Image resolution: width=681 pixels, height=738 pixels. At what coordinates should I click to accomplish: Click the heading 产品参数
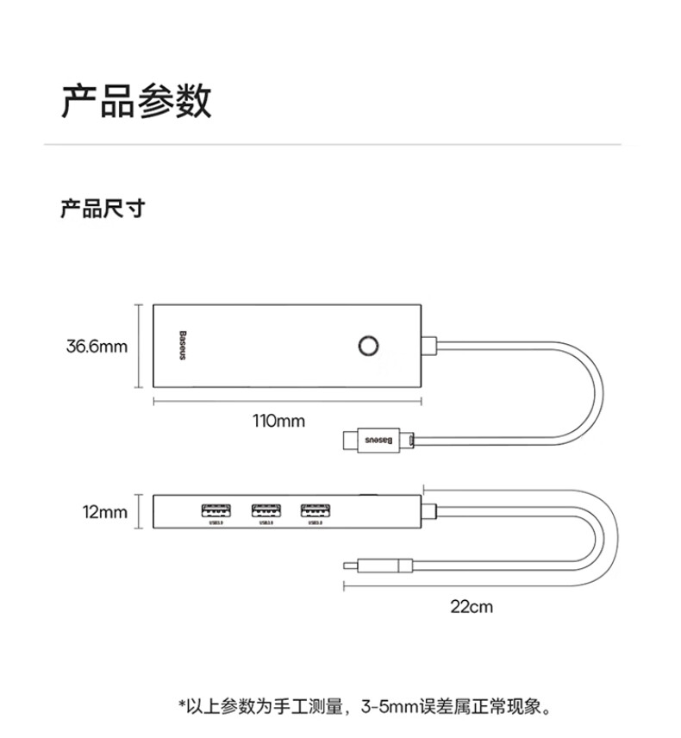click(x=136, y=102)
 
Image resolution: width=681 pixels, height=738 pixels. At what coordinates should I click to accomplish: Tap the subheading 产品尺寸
click(x=102, y=209)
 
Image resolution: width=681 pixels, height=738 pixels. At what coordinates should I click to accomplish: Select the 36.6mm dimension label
click(x=97, y=347)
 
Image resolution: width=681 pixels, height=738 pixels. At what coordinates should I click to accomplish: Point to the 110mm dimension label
click(x=278, y=422)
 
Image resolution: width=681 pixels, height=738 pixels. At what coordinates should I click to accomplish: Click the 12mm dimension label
click(x=105, y=512)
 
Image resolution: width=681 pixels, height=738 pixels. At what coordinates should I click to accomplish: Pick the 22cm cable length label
click(x=472, y=606)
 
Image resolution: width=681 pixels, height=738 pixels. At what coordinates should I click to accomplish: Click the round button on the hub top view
click(x=368, y=346)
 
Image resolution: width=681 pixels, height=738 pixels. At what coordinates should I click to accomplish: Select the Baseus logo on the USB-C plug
click(x=380, y=440)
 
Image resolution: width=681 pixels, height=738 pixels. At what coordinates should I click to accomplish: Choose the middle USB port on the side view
click(x=265, y=510)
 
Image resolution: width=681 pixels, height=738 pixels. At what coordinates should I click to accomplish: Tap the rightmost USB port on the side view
click(x=314, y=510)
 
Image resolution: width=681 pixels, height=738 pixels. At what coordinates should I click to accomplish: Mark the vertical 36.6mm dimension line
click(x=141, y=346)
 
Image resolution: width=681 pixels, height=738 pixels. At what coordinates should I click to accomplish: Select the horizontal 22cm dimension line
click(x=478, y=585)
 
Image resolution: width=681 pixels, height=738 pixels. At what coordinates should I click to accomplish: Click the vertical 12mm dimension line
click(x=141, y=512)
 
